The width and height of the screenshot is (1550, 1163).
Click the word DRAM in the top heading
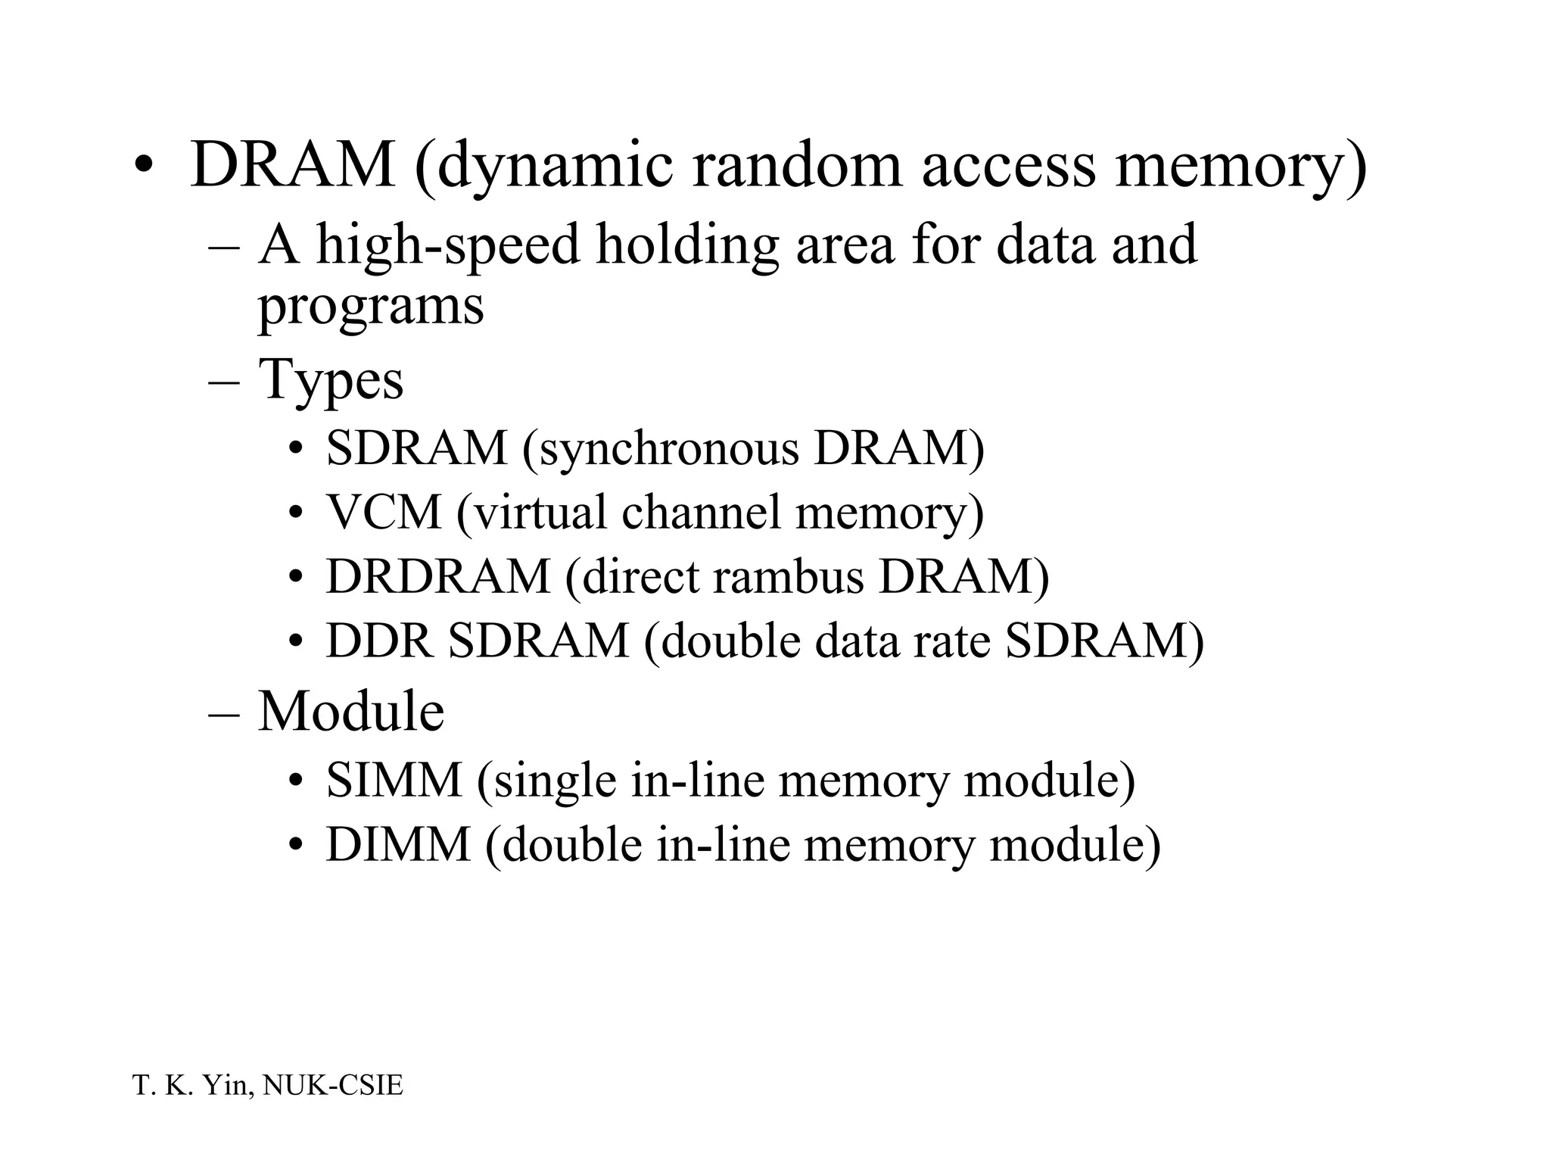(292, 164)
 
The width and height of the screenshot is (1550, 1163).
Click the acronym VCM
(384, 512)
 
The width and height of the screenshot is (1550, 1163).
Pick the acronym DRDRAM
(437, 576)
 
